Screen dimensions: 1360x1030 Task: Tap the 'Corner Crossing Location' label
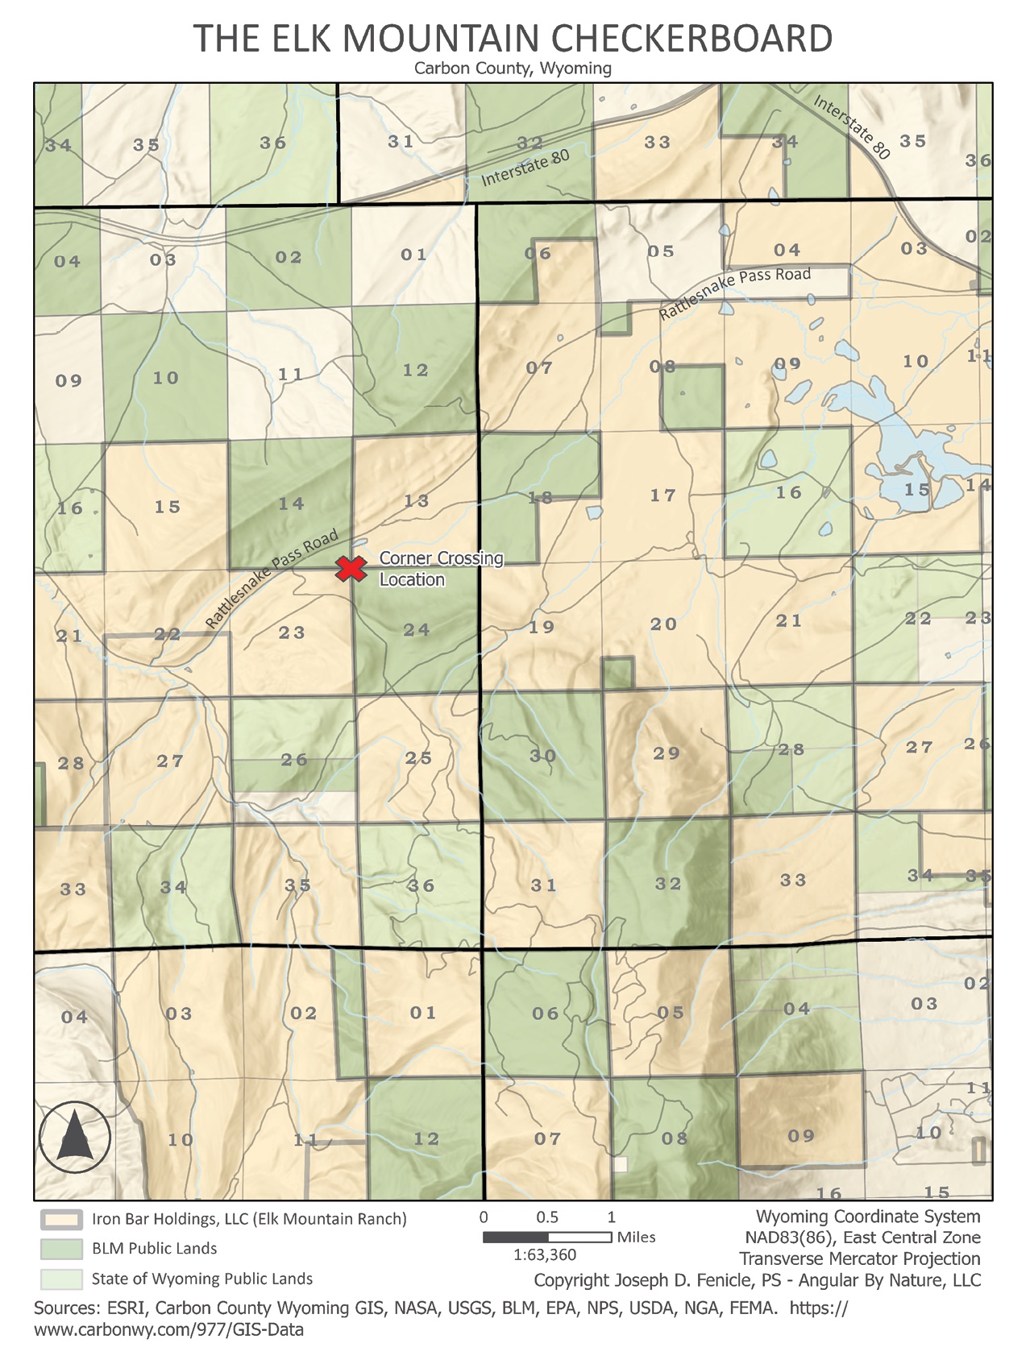(441, 569)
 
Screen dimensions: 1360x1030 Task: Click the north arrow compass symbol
(74, 1136)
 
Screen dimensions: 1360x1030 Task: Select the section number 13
(416, 501)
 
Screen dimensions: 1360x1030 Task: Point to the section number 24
(417, 630)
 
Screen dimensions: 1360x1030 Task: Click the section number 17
(662, 495)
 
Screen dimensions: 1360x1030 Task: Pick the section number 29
(667, 753)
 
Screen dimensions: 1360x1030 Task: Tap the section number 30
(542, 756)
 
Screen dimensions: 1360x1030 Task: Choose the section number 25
(418, 758)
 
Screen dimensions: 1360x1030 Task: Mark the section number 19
(542, 627)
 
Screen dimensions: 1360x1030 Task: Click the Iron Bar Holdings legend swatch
(61, 1219)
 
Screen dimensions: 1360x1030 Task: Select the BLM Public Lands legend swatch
(61, 1249)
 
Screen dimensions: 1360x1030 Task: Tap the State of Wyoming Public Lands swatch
(61, 1279)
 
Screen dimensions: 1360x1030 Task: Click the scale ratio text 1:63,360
(545, 1254)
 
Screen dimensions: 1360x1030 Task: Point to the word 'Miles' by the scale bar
(636, 1237)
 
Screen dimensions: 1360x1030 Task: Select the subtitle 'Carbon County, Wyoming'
(513, 68)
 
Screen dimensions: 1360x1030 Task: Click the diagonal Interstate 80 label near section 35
(851, 127)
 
